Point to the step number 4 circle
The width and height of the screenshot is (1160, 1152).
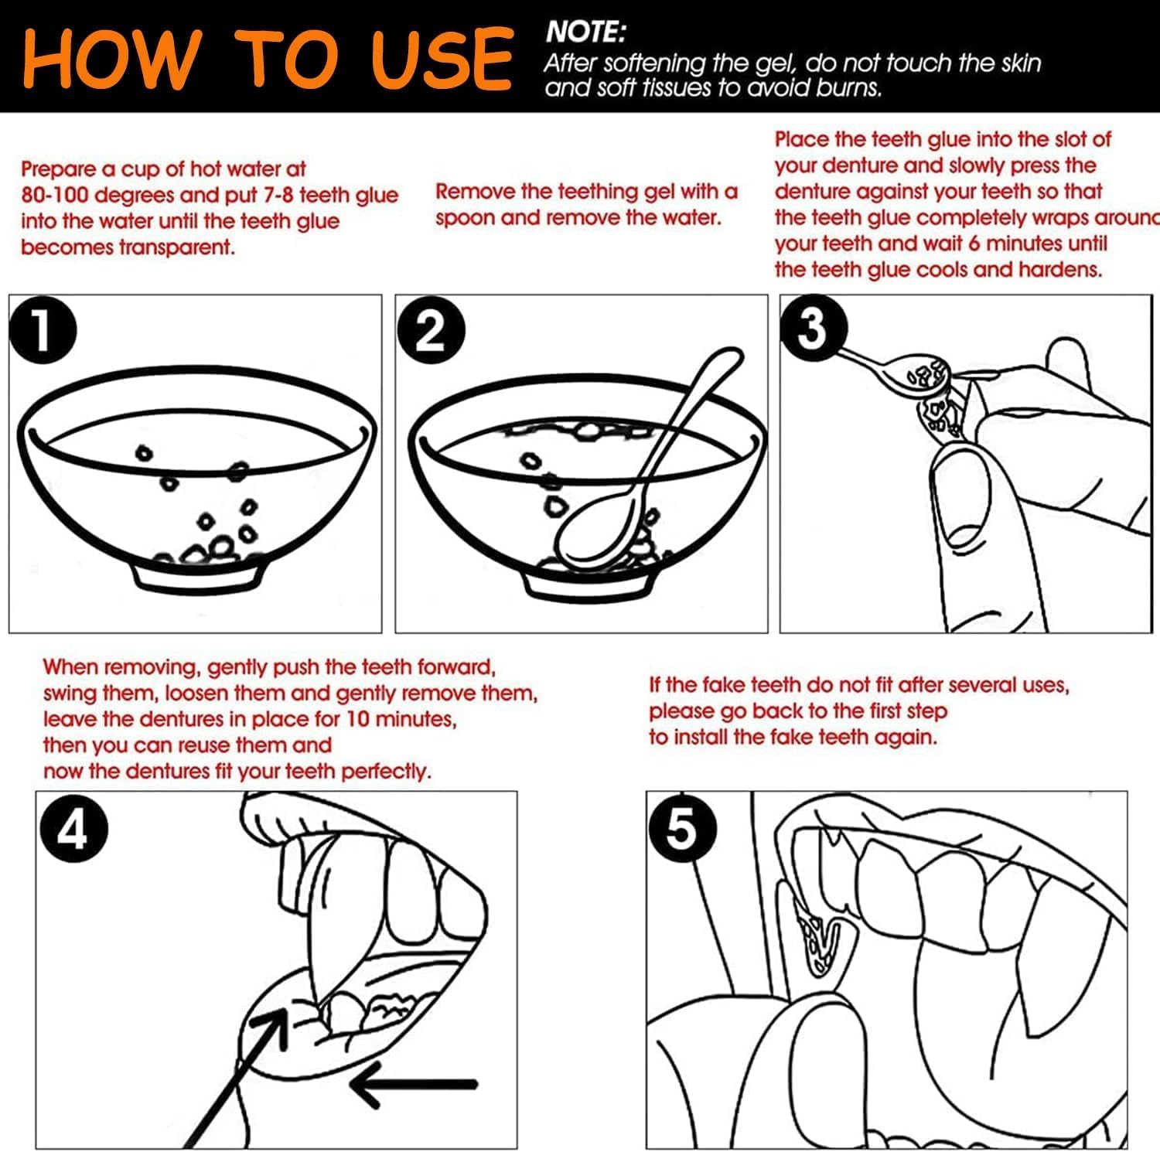[x=73, y=832]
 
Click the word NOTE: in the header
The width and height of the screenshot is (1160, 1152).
[x=585, y=32]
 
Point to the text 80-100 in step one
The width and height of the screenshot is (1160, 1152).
[x=56, y=196]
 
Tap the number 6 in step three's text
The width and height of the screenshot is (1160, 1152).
[x=973, y=244]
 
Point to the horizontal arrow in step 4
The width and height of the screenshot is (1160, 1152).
[x=414, y=1084]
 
